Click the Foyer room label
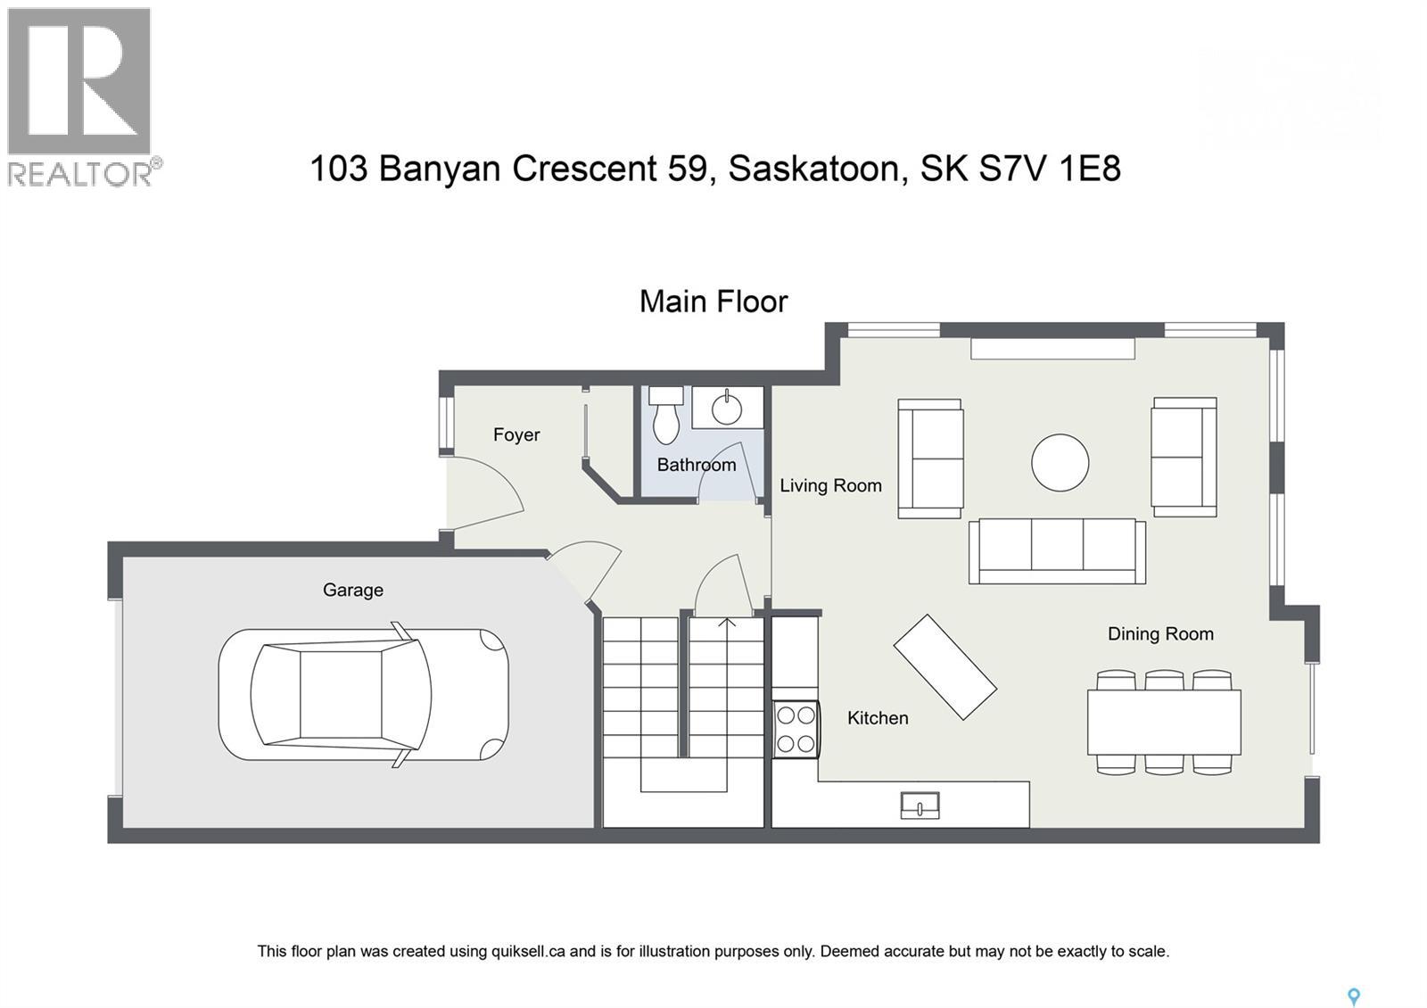516,434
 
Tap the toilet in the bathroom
665,416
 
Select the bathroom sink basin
727,409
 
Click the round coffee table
1060,462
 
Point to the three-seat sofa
1057,550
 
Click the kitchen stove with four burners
796,729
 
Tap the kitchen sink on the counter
919,805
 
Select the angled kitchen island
944,666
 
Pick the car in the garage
364,695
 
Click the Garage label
353,590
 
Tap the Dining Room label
1160,633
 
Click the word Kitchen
878,718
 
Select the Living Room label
830,485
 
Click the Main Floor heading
713,302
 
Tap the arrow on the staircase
727,624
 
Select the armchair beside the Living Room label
929,458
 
